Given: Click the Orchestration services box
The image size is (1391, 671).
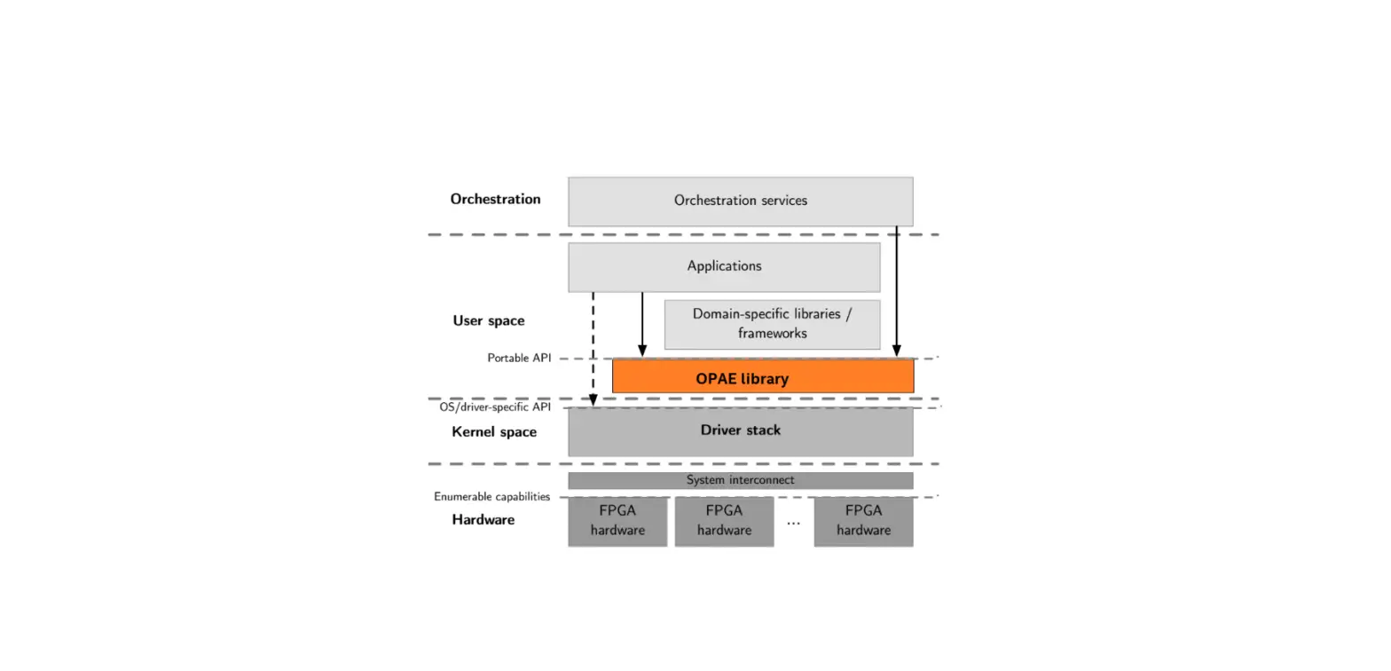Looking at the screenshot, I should [x=740, y=201].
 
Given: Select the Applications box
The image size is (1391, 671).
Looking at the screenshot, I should [x=724, y=266].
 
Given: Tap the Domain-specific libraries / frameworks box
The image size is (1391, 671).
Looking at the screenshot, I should [x=772, y=324].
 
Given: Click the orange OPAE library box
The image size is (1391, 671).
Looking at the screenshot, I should [x=763, y=378].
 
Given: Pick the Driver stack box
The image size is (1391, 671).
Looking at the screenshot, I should [x=740, y=431].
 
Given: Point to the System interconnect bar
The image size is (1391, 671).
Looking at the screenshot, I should [x=740, y=480].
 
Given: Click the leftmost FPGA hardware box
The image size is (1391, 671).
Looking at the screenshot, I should [x=617, y=521].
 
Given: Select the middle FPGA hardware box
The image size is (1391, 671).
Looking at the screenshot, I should [x=724, y=521].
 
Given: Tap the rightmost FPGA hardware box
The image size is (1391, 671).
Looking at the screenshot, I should [x=863, y=521].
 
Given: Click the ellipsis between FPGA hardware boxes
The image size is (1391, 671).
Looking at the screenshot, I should [x=793, y=523].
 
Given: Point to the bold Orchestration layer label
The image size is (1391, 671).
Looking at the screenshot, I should [x=495, y=199].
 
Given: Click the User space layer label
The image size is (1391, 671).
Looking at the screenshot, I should [x=488, y=320].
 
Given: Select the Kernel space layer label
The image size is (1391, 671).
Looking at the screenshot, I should [x=494, y=432].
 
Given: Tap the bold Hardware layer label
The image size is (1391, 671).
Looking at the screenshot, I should [x=483, y=520].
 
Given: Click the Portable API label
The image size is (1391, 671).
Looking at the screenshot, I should [x=519, y=359].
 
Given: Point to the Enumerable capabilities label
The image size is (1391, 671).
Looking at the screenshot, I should [x=491, y=497].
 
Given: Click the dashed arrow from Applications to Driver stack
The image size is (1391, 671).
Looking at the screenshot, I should [x=593, y=346].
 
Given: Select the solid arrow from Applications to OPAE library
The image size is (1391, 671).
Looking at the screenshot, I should [x=642, y=324].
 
